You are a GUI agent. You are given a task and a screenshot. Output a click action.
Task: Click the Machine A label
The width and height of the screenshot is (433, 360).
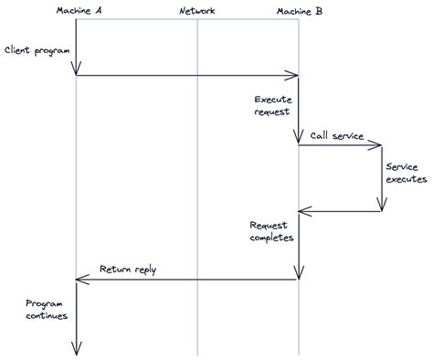[x=78, y=10]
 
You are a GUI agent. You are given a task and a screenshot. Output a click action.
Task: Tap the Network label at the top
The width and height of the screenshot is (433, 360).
[x=197, y=10]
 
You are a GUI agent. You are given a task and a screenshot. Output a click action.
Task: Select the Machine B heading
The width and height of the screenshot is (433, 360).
[x=299, y=10]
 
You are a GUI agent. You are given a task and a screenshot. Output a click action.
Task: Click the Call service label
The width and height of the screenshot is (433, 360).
[x=336, y=135]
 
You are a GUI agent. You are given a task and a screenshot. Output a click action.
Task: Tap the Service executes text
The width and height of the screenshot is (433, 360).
[x=406, y=174]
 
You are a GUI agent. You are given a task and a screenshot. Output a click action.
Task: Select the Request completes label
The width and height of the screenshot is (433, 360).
[x=271, y=230]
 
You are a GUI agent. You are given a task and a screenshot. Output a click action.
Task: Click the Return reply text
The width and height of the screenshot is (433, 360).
[x=127, y=270]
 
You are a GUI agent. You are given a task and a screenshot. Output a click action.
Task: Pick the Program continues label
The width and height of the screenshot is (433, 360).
[x=46, y=309]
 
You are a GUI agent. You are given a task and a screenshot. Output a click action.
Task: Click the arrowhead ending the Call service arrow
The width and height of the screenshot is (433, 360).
[x=378, y=143]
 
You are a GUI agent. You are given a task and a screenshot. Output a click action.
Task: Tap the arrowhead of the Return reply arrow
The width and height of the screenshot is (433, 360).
[x=80, y=279]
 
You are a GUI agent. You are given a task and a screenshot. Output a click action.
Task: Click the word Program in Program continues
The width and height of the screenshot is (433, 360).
[x=43, y=302]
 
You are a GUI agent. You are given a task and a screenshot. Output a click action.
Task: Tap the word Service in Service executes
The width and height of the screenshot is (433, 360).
[x=402, y=167]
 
